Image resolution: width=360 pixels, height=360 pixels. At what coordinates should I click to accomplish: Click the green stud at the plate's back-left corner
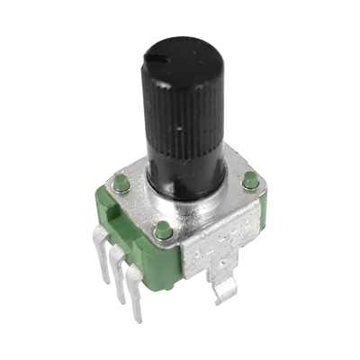tap(118, 184)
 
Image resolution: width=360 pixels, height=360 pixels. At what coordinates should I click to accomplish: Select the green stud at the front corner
tap(163, 229)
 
